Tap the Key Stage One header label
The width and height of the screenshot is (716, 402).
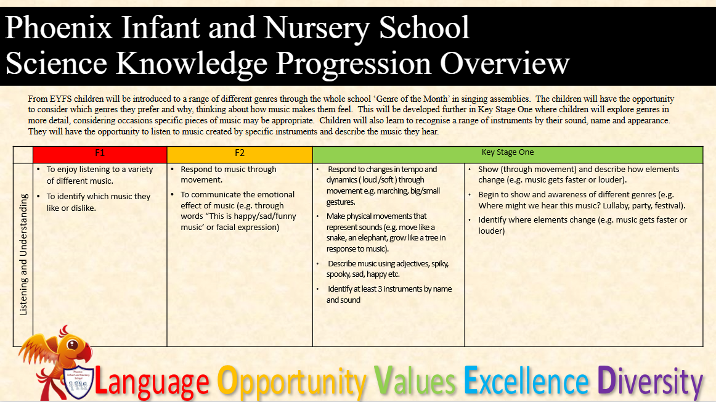pyautogui.click(x=507, y=152)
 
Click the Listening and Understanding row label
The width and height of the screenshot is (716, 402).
pyautogui.click(x=23, y=255)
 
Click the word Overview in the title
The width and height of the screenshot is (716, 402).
pyautogui.click(x=505, y=63)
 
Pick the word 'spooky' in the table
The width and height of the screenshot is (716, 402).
pyautogui.click(x=338, y=274)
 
